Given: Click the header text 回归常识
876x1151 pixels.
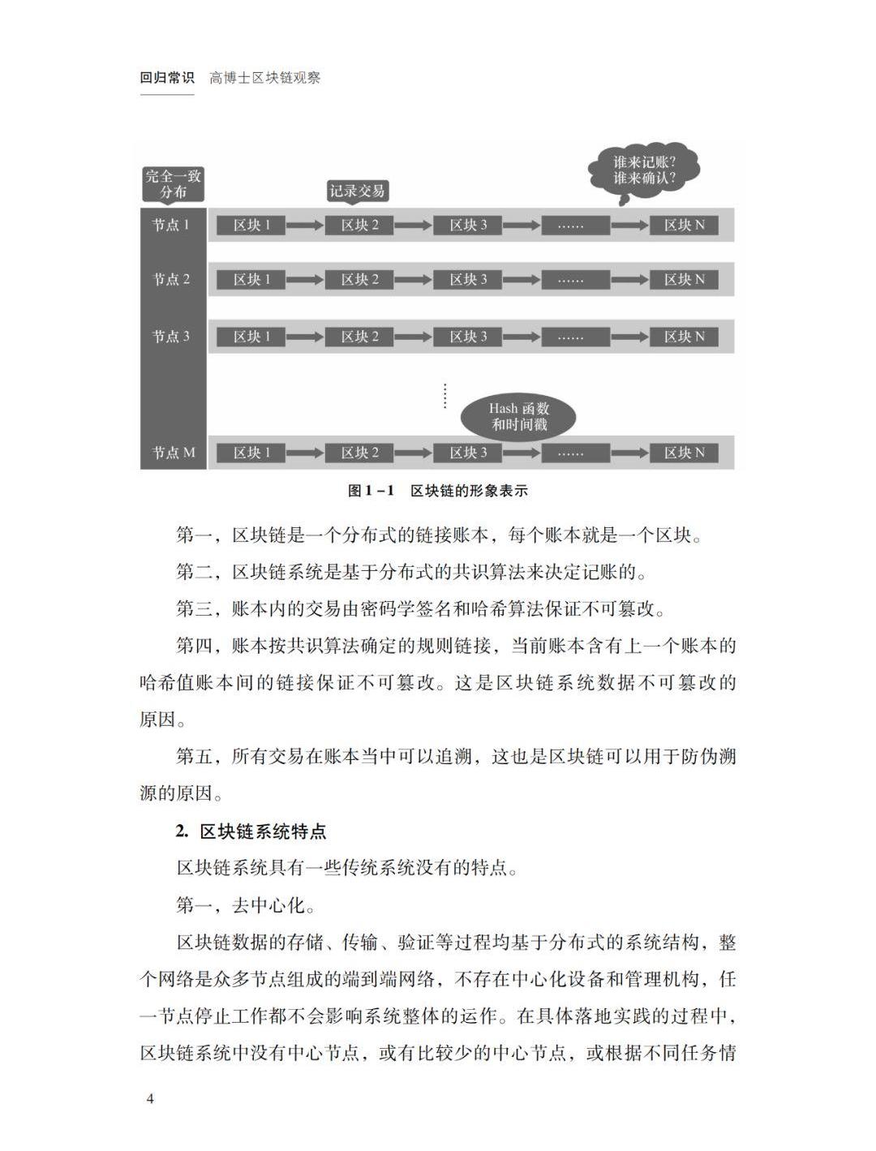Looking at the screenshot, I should point(167,78).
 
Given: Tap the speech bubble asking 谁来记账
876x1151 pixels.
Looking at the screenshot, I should point(644,170).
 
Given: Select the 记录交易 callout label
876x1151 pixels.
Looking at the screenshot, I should point(357,191).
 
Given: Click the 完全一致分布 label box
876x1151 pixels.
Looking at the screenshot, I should point(173,184).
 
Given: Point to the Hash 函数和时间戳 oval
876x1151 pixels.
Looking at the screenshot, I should point(518,416).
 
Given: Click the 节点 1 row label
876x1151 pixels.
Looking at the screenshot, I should point(172,225).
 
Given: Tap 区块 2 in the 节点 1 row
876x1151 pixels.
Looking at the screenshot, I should point(359,225).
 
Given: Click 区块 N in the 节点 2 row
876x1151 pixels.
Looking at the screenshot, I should point(684,280).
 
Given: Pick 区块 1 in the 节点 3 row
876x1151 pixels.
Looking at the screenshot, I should point(251,337).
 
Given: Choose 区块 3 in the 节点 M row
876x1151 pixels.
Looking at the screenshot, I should point(468,453).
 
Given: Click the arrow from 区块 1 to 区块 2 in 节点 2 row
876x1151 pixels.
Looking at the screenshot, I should point(305,280).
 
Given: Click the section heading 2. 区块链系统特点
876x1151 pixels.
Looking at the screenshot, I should point(251,831).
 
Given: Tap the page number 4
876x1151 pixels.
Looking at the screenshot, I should point(149,1099).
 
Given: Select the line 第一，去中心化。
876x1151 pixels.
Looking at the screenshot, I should point(246,905).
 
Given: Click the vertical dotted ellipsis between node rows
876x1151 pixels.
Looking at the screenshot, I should point(444,395).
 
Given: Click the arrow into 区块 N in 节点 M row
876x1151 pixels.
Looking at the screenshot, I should point(629,453).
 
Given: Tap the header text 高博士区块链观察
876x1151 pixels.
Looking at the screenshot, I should point(265,78).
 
